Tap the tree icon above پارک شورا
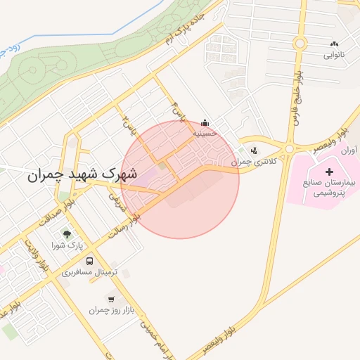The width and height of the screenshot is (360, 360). click(x=67, y=234)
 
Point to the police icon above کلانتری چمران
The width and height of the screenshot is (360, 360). click(x=253, y=150)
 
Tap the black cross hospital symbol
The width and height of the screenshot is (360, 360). click(x=329, y=172)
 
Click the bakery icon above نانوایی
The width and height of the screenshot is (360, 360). click(x=333, y=44)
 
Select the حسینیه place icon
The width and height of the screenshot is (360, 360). click(x=205, y=121)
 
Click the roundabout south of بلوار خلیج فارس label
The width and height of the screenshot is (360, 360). click(x=288, y=148)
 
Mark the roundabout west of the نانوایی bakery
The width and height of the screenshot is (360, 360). click(x=300, y=44)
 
